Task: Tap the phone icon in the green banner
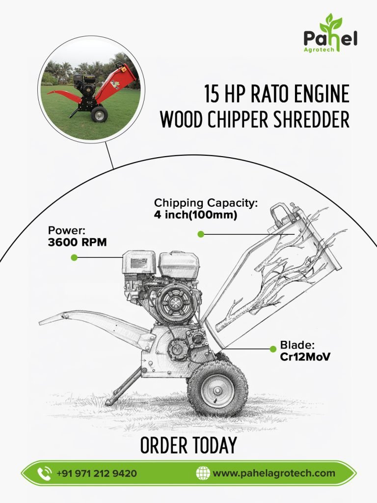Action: (44, 473)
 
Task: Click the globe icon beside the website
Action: (203, 473)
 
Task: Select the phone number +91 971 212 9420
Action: (97, 474)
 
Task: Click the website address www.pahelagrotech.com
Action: (274, 474)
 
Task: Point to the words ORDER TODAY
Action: (188, 445)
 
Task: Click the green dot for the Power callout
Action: (74, 257)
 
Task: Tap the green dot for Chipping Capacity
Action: (201, 234)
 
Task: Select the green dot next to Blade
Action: (273, 349)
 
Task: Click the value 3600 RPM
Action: (77, 243)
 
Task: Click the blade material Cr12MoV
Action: (305, 357)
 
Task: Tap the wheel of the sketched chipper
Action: (217, 389)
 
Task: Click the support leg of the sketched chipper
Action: (123, 387)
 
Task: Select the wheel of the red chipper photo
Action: (99, 114)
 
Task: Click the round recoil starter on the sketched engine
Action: (175, 302)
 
